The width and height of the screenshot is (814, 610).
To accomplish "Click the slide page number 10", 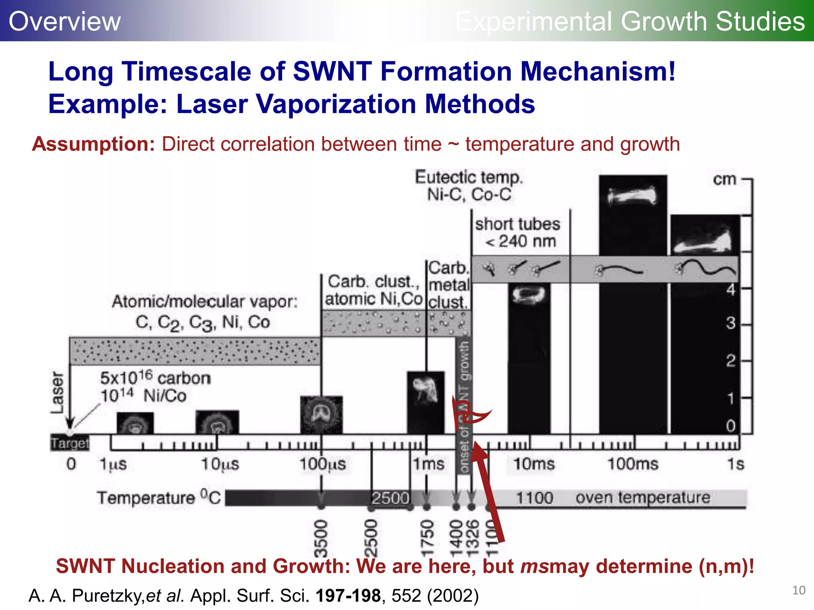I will coord(798,590).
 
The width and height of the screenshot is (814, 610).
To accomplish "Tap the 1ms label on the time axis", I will coord(428,464).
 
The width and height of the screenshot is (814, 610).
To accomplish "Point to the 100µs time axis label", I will coord(322,464).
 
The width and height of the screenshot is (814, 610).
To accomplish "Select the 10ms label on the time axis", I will coord(534,464).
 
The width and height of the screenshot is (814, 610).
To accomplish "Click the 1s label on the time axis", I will coord(735,464).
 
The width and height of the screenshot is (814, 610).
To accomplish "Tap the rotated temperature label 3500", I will coord(321,538).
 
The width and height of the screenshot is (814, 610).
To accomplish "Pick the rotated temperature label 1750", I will coord(427,538).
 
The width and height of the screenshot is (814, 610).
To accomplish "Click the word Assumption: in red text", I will coord(94,144).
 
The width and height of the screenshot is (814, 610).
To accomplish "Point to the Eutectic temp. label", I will coord(469,177).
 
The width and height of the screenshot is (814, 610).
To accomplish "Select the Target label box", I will coord(70,443).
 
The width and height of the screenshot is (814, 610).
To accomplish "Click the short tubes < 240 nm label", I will coord(518,233).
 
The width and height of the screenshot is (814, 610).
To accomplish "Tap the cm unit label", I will coord(725,179).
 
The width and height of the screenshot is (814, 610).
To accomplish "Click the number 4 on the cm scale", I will coord(731,290).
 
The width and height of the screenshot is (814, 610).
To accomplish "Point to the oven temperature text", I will coord(643,497).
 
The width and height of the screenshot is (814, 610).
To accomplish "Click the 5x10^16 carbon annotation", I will coord(155,378).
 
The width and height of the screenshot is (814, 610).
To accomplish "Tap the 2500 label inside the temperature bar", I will coord(390,498).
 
